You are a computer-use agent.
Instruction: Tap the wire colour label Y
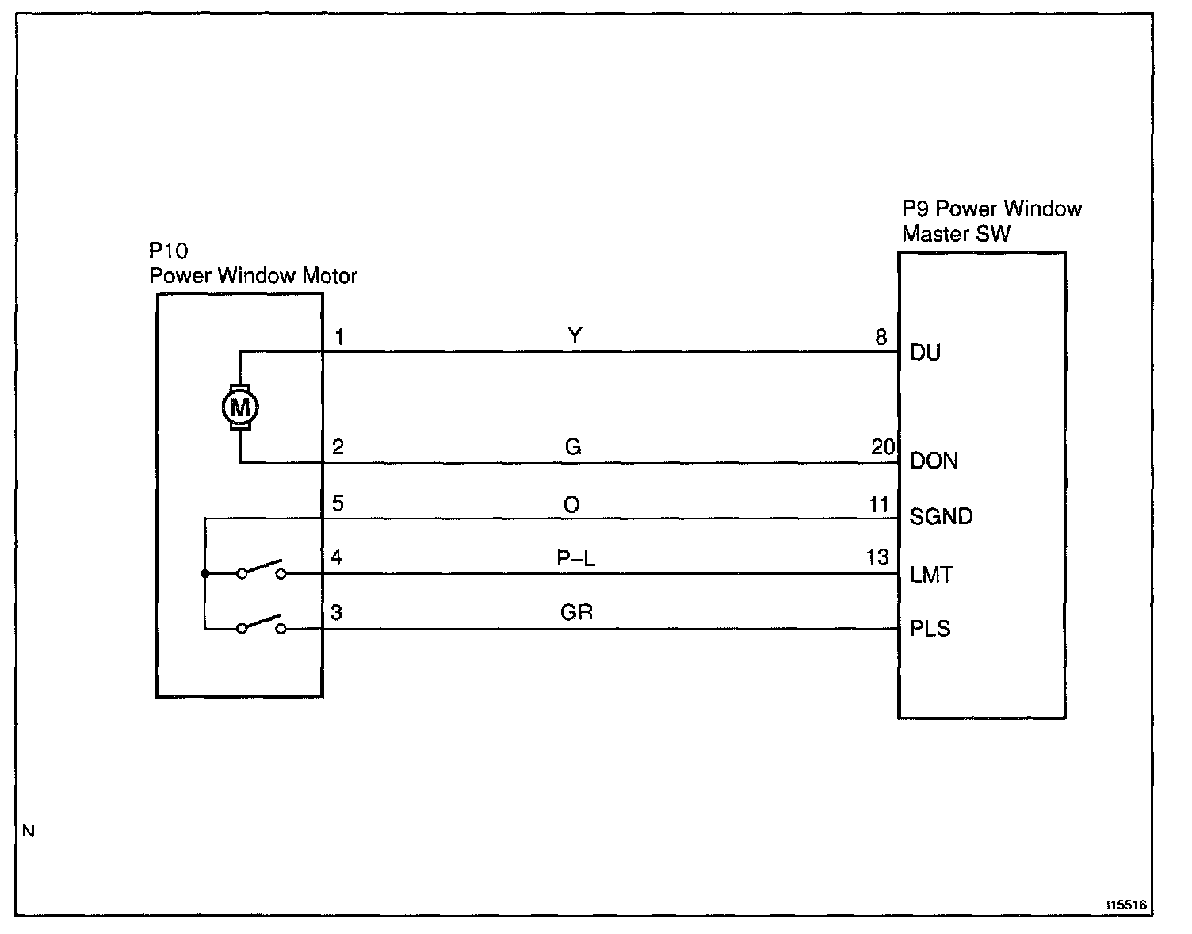coord(575,336)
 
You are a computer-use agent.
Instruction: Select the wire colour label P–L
coord(575,558)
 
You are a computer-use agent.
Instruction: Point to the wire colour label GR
coord(576,612)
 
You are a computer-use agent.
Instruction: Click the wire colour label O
coord(571,505)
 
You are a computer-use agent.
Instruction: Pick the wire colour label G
coord(573,447)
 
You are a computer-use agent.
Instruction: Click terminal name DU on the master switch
coord(925,352)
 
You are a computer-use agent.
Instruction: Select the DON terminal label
coord(934,461)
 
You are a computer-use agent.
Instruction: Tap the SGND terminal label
coord(942,517)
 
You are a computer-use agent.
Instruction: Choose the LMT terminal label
coord(932,574)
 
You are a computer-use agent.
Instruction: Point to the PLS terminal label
coord(930,630)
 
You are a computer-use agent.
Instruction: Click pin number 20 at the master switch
coord(883,447)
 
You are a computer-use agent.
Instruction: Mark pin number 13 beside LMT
coord(877,557)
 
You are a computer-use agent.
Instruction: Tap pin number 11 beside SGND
coord(879,505)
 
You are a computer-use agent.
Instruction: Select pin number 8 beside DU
coord(881,337)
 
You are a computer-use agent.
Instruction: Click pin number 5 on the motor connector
coord(338,504)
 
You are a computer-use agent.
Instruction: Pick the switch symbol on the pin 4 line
coord(261,570)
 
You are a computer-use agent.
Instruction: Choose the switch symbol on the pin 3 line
coord(261,625)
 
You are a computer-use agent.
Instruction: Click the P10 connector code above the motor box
coord(169,251)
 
